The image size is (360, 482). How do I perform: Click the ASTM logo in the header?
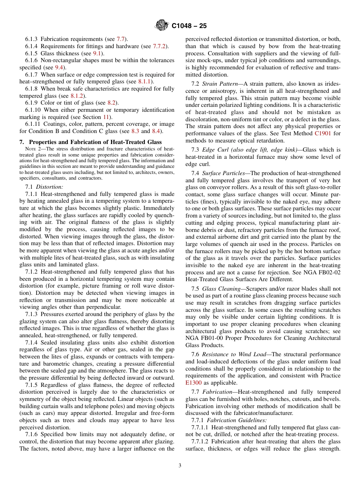pyautogui.click(x=161, y=26)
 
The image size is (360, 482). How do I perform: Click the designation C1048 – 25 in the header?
pyautogui.click(x=189, y=26)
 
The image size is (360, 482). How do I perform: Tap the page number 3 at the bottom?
pyautogui.click(x=180, y=466)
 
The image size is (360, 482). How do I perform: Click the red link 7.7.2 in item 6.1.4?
pyautogui.click(x=161, y=46)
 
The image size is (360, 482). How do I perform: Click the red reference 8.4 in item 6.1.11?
pyautogui.click(x=156, y=131)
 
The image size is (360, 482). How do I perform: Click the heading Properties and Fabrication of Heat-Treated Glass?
pyautogui.click(x=95, y=142)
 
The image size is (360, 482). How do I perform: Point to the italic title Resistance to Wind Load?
pyautogui.click(x=234, y=354)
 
